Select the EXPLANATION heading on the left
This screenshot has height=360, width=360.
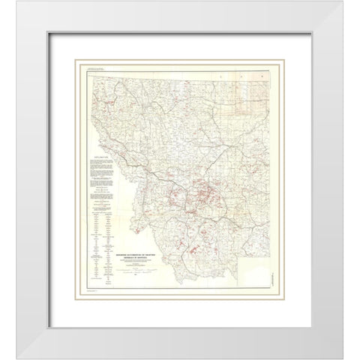99,153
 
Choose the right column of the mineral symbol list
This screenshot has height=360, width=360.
106,244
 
